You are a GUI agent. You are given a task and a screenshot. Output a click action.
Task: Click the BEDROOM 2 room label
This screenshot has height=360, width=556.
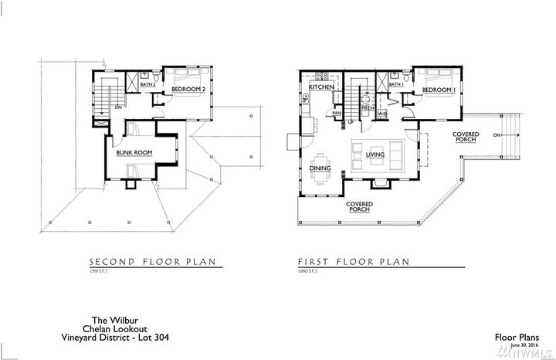tap(188, 90)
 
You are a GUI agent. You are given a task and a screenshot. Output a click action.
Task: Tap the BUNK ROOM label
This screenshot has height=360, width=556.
tap(133, 153)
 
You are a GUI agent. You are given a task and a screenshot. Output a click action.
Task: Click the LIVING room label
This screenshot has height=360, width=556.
tap(375, 155)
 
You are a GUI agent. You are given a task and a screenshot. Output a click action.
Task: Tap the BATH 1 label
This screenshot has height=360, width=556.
tap(396, 83)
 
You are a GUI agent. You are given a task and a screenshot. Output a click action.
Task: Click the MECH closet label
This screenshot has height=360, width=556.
tap(368, 109)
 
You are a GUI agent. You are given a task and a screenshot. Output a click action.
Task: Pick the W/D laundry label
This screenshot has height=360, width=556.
tap(382, 115)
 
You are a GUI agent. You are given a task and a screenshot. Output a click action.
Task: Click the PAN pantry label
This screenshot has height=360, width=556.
tap(337, 114)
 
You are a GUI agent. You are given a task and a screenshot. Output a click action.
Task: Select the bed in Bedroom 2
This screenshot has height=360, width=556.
tap(188, 77)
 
